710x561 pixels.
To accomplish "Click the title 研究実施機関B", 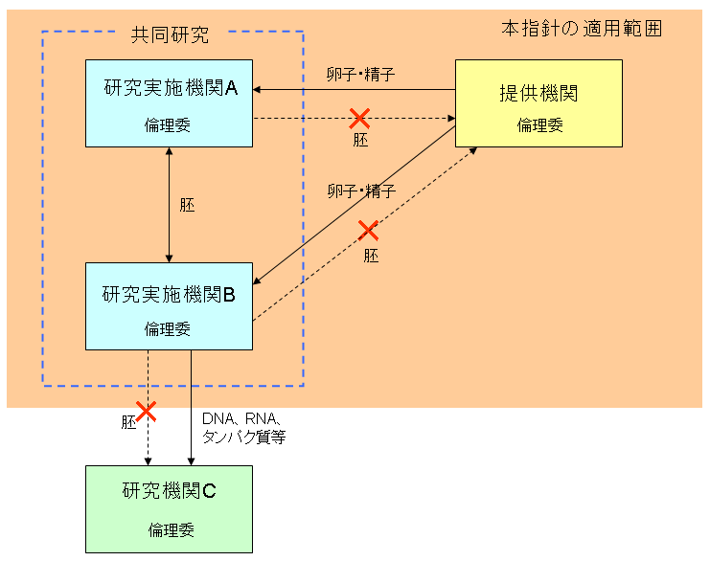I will (169, 294).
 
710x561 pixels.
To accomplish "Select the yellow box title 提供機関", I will (538, 94).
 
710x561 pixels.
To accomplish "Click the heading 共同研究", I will (170, 36).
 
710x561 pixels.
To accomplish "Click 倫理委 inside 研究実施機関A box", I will (168, 126).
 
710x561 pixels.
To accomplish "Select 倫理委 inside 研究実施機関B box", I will (168, 330).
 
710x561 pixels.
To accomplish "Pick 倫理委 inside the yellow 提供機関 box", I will (539, 125).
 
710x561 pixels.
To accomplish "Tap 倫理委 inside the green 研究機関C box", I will (171, 529).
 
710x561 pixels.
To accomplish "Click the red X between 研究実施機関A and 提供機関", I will (359, 119).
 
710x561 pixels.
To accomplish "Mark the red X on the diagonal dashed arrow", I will (368, 231).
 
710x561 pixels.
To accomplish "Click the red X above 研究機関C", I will (146, 412).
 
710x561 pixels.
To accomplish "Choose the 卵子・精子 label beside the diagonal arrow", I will (360, 191).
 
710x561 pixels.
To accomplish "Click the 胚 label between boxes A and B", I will (187, 205).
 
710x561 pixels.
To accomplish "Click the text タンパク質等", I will (243, 437).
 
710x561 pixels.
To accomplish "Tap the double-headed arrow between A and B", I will (170, 205).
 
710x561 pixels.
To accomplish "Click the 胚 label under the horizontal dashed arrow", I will (360, 140).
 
